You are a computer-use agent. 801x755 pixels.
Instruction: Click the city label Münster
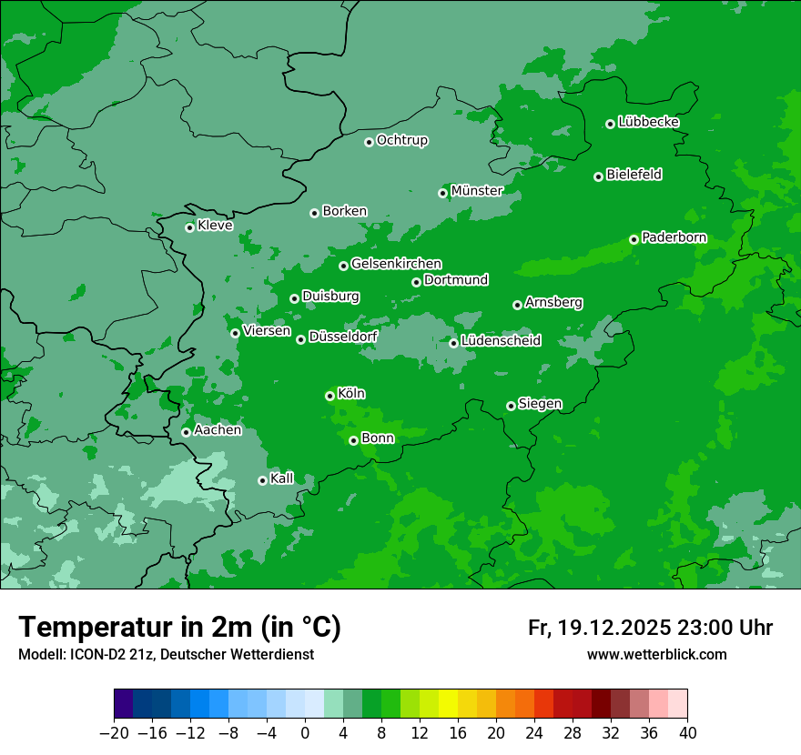[x=476, y=191]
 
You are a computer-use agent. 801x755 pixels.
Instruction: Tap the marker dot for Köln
[x=330, y=396]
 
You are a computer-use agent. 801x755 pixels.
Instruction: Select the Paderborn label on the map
[x=674, y=238]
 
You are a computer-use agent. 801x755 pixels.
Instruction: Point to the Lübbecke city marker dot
[x=610, y=124]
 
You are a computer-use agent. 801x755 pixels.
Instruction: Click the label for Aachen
[x=218, y=430]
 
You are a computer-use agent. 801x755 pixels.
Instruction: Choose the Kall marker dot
[x=262, y=480]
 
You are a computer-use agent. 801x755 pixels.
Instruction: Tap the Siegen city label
[x=540, y=404]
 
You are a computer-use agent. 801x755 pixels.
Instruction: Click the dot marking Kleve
[x=189, y=227]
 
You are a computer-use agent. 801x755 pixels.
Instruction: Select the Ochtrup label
[x=401, y=140]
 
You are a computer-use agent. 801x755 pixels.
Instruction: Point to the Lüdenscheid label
[x=501, y=341]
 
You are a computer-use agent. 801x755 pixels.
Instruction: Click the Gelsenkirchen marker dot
[x=343, y=266]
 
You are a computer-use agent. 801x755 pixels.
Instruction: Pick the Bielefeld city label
[x=634, y=175]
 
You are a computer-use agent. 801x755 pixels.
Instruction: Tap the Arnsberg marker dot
[x=517, y=305]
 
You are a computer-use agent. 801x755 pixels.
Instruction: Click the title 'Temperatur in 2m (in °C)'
[x=179, y=627]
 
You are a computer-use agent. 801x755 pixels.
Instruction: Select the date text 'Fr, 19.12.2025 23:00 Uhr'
[x=650, y=628]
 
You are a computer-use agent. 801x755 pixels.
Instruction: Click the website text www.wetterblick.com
[x=656, y=654]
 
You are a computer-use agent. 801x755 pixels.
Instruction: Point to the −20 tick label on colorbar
[x=114, y=733]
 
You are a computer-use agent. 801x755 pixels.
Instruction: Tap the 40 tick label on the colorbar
[x=687, y=733]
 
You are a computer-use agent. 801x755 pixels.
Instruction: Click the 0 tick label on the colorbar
[x=305, y=733]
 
